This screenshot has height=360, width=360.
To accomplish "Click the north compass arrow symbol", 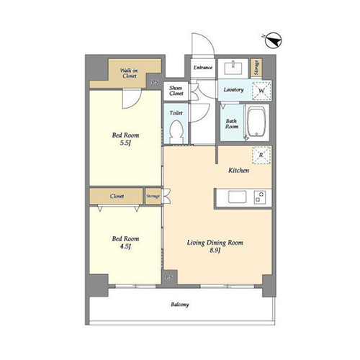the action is point(274,40).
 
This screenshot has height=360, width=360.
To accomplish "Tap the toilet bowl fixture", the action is point(176,132).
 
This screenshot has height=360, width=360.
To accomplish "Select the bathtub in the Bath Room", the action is point(256,122).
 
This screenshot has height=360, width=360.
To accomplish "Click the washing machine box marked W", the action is point(261,91).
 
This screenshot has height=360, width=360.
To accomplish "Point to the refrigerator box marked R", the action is point(261,155).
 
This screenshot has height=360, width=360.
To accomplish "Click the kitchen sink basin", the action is point(237,197).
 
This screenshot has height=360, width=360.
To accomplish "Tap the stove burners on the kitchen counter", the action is point(260,197).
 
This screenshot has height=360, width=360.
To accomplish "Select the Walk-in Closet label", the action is point(129,73).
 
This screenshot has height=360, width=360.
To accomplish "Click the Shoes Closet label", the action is point(176,91).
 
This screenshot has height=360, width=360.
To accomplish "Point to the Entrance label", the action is point(203,68).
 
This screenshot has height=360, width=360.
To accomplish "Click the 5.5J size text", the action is point(125,143).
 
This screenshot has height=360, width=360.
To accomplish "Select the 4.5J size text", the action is point(125,246).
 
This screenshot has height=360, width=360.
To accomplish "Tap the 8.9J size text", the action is point(215,251).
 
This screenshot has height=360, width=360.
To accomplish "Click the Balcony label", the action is point(180,305).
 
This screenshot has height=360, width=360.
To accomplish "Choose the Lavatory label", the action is point(233,90).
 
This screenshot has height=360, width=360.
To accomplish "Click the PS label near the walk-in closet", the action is point(155,82).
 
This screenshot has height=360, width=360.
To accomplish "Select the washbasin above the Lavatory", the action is point(233,68).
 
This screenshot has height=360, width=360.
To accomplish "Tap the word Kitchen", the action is point(238,171).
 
